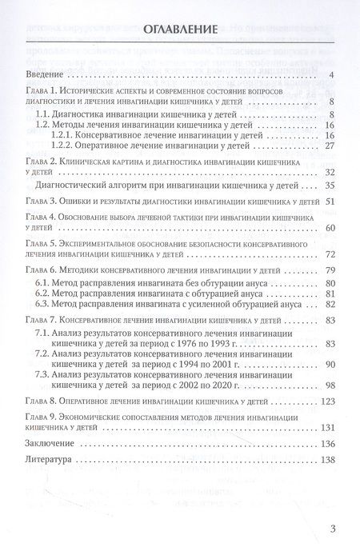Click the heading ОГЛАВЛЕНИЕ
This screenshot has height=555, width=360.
(179, 31)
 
